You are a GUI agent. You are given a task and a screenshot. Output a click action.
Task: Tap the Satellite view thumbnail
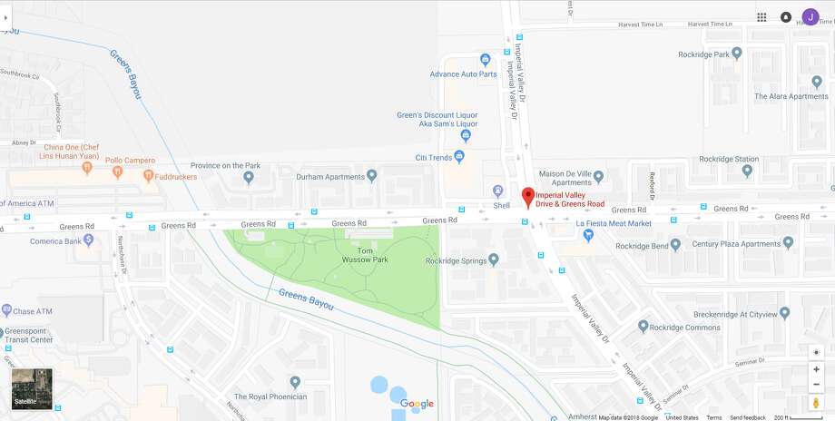[x=32, y=388]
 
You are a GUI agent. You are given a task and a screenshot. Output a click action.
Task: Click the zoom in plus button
[x=816, y=369]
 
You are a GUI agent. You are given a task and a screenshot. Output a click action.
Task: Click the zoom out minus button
[x=816, y=384]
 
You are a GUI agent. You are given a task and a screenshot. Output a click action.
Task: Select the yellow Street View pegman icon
[x=816, y=402]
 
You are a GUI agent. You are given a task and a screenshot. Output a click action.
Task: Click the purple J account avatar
[x=810, y=16]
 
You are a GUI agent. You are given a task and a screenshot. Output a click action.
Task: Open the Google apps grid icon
[x=761, y=17]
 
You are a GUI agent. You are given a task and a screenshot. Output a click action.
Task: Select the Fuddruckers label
[x=175, y=177]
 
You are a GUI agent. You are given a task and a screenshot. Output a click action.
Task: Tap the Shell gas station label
[x=501, y=205]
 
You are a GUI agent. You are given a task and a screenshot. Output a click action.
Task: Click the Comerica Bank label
[x=64, y=240]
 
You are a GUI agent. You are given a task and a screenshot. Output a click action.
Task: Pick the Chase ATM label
[x=34, y=311]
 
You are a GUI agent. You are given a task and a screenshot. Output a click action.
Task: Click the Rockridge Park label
[x=703, y=54]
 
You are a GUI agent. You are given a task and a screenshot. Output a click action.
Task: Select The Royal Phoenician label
[x=270, y=397]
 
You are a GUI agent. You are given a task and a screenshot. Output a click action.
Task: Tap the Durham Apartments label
[x=330, y=176]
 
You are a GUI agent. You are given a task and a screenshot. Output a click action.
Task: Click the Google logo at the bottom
[x=417, y=404]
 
